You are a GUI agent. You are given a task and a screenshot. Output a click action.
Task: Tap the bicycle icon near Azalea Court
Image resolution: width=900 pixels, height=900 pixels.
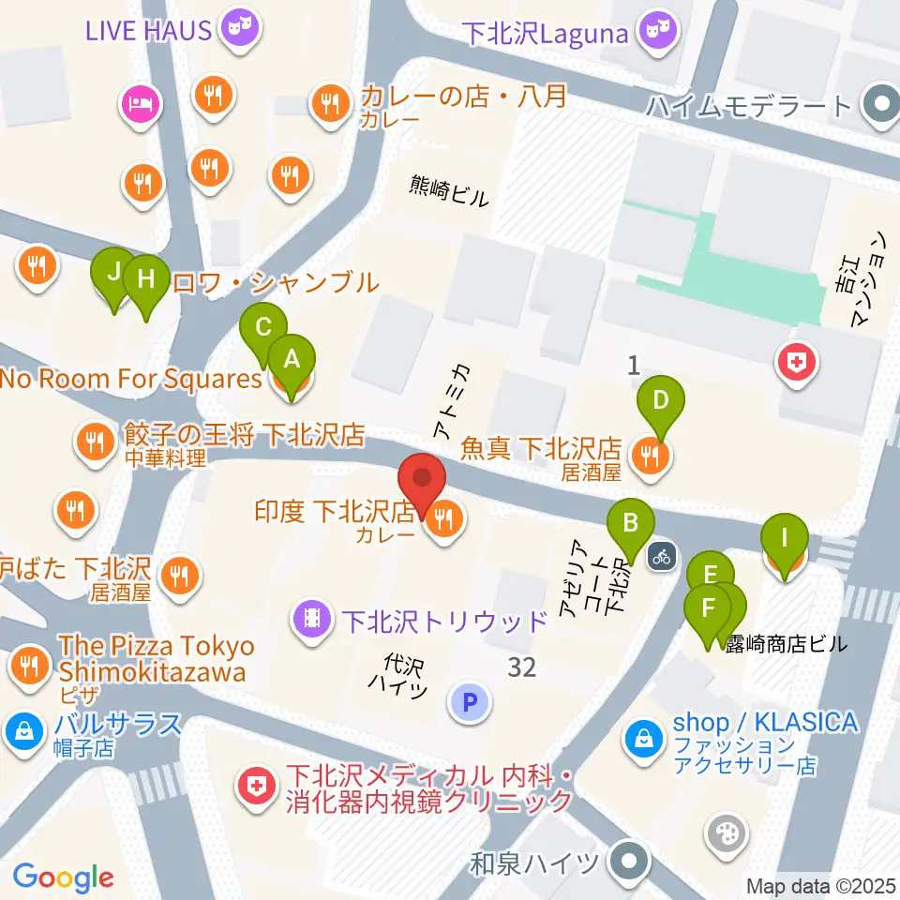coord(662,555)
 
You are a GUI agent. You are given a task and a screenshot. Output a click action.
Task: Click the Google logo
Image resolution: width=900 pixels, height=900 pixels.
coord(62,878)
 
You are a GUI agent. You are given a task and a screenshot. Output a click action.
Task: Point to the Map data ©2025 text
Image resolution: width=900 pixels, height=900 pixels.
coord(822,885)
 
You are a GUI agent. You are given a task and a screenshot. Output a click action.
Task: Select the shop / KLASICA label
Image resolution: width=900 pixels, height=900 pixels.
coord(765,722)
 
